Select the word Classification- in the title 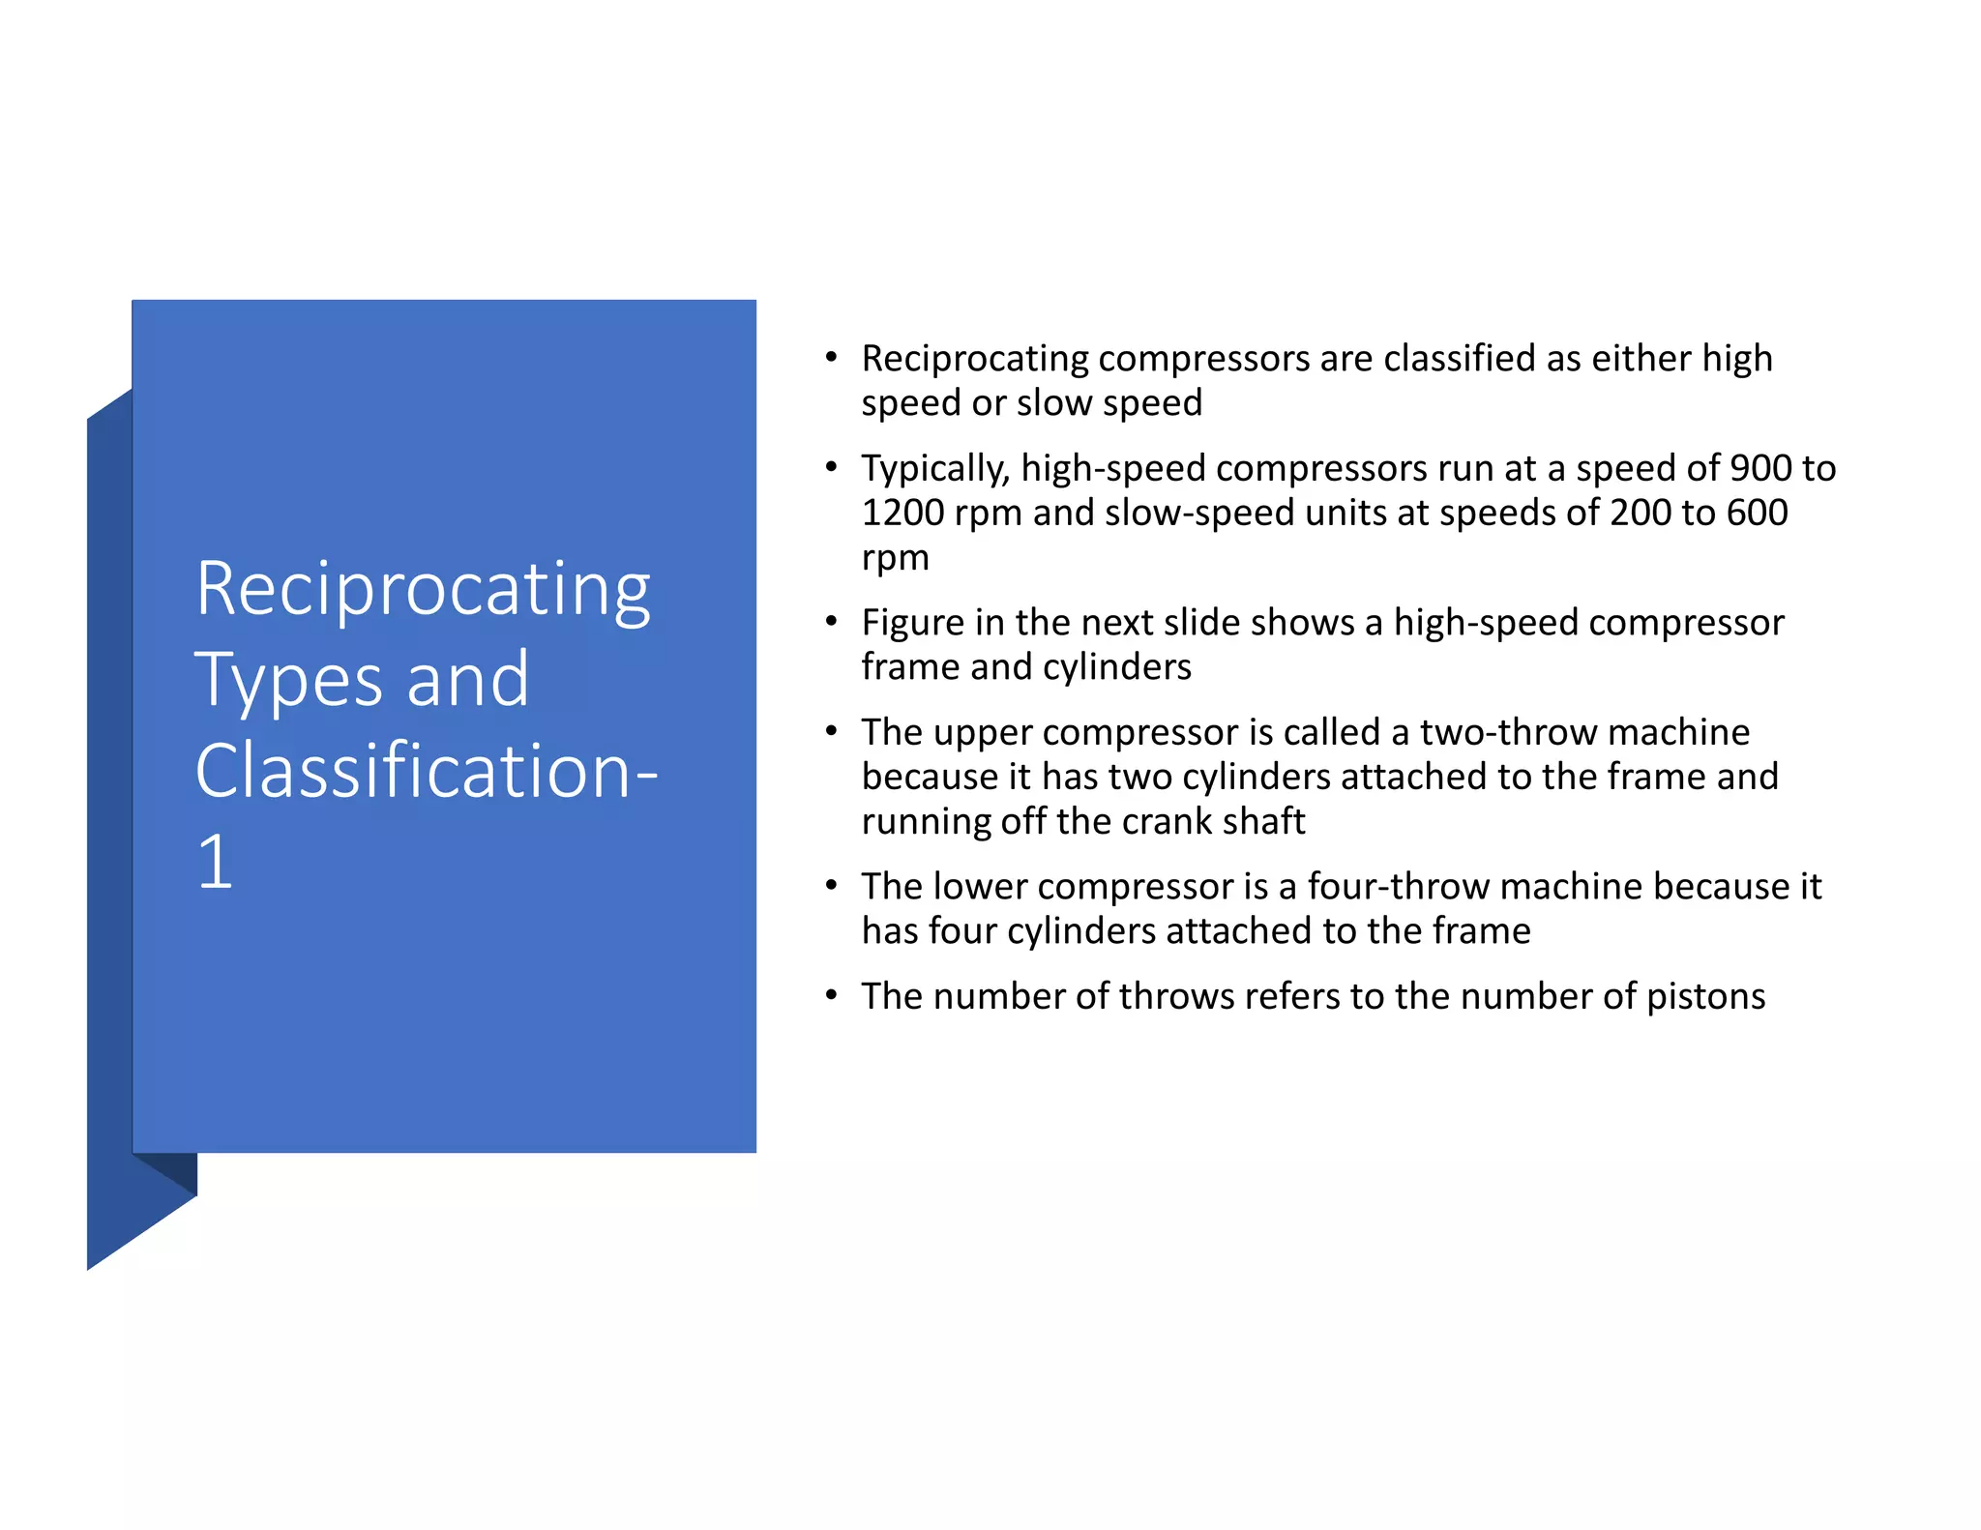[426, 771]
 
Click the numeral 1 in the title [215, 862]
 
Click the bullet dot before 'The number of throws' [831, 995]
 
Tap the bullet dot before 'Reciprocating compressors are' [831, 358]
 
